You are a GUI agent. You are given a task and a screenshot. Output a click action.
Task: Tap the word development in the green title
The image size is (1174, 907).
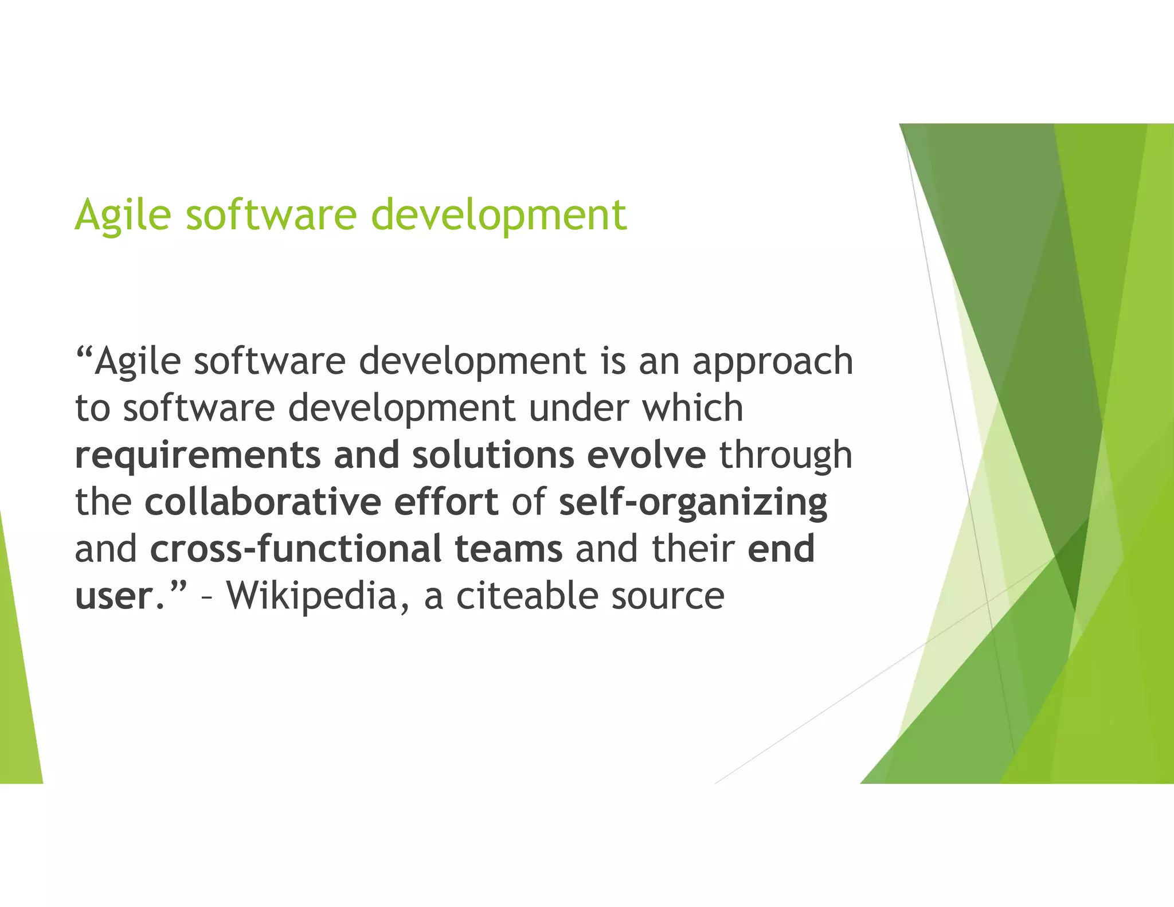499,214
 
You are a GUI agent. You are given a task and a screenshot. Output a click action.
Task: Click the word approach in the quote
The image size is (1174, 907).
773,362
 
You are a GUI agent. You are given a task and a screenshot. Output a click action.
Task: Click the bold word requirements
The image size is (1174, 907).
198,455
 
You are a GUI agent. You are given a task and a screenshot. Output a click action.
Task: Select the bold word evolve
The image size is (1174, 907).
646,455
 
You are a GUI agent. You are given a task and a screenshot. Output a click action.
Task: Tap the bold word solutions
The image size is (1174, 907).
493,455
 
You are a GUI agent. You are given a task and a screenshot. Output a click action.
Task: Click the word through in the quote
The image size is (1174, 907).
786,455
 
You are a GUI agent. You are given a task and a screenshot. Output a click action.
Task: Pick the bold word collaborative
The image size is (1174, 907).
263,502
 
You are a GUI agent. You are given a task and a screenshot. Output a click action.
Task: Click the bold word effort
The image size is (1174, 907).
445,502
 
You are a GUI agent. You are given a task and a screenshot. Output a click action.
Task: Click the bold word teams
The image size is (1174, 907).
508,549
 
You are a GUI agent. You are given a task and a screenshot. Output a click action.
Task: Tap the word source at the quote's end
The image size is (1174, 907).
667,596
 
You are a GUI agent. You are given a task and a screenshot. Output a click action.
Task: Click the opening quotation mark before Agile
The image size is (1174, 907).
84,351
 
